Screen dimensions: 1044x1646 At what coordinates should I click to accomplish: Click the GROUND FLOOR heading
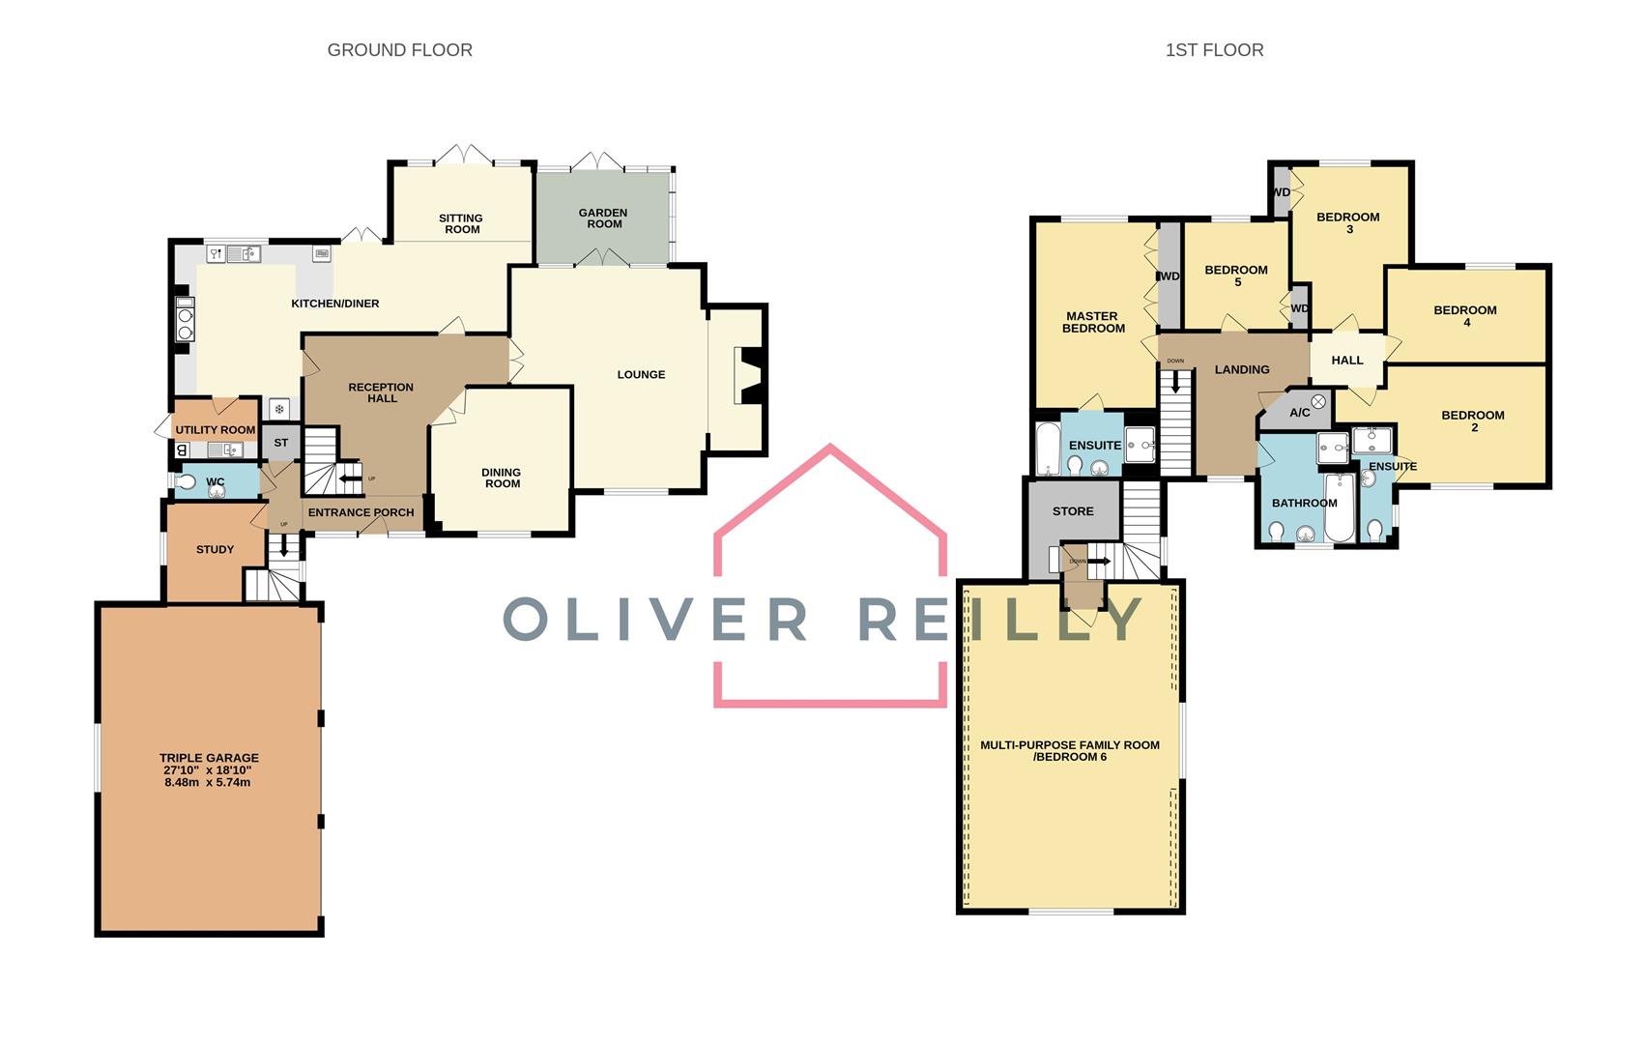tap(399, 50)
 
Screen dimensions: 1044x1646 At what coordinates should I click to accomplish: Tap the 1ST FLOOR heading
tap(1214, 50)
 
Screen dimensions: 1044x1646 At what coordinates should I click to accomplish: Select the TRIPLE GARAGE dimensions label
tap(209, 770)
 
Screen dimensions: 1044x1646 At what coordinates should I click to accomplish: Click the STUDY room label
tap(215, 549)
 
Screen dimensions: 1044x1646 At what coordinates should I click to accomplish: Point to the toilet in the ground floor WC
tap(187, 481)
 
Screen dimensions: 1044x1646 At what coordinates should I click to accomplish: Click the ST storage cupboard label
tap(281, 443)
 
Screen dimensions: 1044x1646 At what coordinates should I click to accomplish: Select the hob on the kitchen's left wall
tap(184, 318)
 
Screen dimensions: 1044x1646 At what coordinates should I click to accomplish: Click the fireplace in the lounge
tap(751, 375)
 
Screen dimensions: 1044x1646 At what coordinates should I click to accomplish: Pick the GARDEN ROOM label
tap(603, 218)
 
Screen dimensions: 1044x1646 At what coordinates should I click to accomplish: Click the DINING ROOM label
tap(502, 478)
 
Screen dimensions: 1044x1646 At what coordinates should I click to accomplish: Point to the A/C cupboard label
tap(1300, 413)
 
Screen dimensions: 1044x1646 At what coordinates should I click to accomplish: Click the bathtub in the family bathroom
tap(1340, 507)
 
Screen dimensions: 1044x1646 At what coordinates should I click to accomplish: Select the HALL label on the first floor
tap(1346, 361)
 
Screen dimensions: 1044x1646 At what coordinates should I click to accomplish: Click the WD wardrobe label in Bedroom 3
tap(1282, 192)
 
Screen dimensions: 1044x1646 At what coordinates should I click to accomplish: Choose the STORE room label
tap(1073, 511)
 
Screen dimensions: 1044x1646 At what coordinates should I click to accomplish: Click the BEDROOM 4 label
tap(1465, 316)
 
